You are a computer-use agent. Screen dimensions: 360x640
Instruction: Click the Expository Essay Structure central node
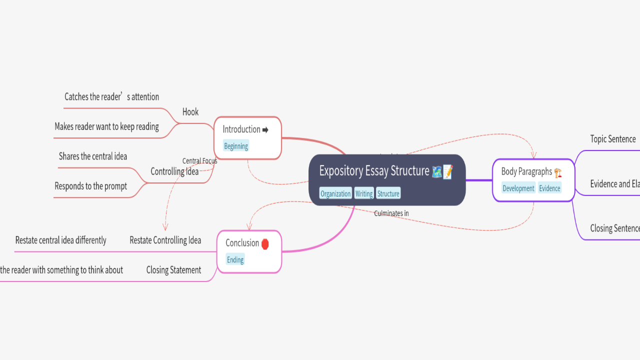coord(374,171)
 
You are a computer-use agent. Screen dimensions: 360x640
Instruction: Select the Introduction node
coord(241,129)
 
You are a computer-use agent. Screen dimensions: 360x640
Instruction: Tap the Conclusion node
coord(242,243)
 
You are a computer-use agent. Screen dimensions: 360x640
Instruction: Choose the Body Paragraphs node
coord(526,171)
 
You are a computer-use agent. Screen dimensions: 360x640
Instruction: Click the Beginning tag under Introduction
coord(236,146)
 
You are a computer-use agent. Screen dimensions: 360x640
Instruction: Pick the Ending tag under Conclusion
coord(235,259)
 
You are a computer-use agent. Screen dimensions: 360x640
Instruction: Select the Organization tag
coord(335,193)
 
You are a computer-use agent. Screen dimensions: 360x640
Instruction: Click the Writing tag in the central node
coord(364,193)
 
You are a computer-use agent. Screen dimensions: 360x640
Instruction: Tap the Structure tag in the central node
coord(388,193)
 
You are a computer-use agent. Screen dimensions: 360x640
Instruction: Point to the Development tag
coord(518,188)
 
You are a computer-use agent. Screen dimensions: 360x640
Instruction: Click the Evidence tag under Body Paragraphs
coord(549,188)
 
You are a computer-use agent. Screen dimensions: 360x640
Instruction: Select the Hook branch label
coord(190,112)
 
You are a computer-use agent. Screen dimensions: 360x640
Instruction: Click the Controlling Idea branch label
coord(174,171)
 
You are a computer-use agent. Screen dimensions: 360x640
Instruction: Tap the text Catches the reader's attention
coord(111,97)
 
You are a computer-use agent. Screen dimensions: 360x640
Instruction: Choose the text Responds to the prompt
coord(90,186)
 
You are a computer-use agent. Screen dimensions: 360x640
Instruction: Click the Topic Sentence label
coord(613,139)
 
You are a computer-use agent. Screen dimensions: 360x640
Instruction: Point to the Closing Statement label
coord(173,270)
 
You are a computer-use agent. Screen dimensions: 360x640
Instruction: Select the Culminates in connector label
coord(391,213)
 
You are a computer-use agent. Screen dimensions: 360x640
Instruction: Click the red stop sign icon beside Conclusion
coord(265,243)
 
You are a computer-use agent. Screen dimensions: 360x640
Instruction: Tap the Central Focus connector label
coord(199,161)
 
